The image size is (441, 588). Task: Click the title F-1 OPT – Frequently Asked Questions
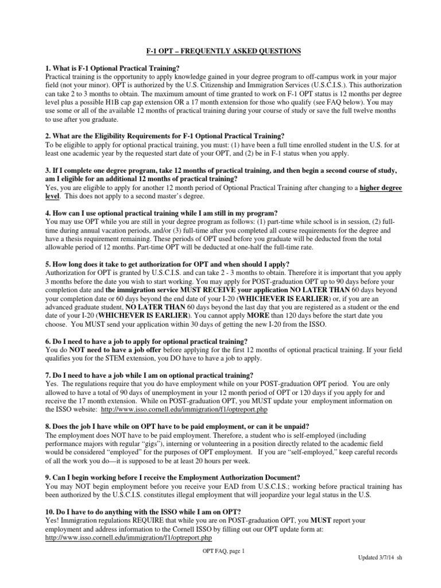click(220, 51)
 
